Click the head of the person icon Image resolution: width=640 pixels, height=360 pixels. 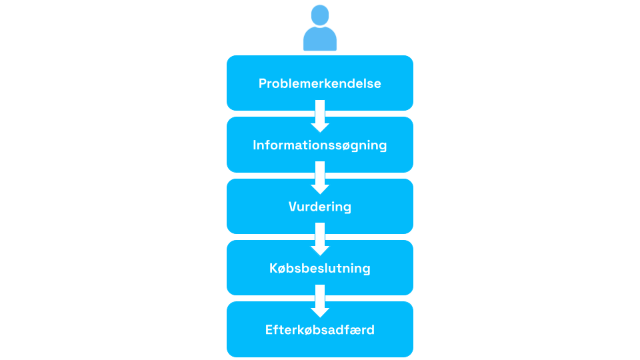coord(320,15)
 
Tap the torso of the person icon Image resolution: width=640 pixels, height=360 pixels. coord(320,39)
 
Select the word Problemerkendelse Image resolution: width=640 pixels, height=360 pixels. coord(319,83)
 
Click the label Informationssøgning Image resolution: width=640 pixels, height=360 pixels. coord(319,145)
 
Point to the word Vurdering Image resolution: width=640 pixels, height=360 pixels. coord(319,207)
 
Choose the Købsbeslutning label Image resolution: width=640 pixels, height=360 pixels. coord(319,268)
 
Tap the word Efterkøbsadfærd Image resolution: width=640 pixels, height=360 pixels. coord(319,330)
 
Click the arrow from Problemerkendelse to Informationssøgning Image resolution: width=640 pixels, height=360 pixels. coord(320,116)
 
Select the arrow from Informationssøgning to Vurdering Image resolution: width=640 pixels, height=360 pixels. coord(320,178)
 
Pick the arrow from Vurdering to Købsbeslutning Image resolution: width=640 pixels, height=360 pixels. coord(320,239)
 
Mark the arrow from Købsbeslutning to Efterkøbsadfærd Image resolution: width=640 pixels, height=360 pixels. coord(320,301)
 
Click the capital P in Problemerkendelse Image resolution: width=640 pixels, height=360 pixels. coord(263,83)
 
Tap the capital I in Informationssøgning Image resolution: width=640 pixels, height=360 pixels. coord(254,145)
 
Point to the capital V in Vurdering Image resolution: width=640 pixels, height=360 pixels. coord(293,207)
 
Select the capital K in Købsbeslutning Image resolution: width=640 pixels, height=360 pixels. coord(274,268)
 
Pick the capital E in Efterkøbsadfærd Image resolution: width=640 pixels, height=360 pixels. coord(269,330)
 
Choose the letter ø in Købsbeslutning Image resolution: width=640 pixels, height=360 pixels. coord(284,269)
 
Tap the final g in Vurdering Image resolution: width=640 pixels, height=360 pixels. coord(347,208)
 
